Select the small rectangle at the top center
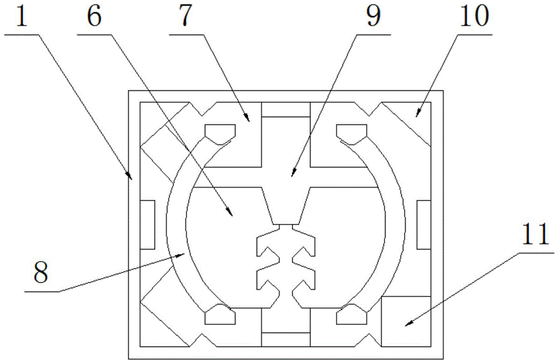click(x=285, y=110)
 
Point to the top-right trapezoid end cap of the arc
click(x=351, y=131)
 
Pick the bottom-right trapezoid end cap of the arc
click(x=351, y=317)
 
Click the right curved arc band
click(x=400, y=223)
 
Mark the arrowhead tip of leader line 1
click(x=132, y=180)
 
